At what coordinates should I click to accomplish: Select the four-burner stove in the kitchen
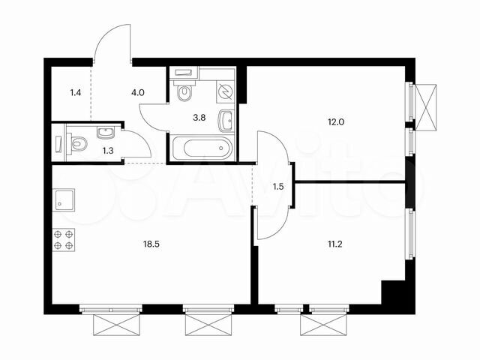pos(64,239)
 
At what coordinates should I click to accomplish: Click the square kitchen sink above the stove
pos(64,200)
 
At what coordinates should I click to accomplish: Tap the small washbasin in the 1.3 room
pos(105,133)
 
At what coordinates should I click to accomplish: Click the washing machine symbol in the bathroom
pos(224,91)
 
